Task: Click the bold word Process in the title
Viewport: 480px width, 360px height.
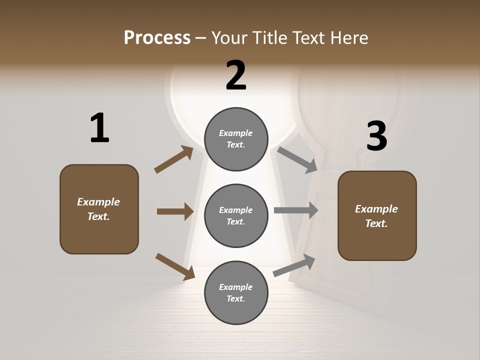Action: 157,37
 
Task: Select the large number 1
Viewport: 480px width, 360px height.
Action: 99,128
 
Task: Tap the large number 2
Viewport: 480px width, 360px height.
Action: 236,75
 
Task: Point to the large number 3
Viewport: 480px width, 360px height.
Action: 376,136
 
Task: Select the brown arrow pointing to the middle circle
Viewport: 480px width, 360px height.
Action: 175,211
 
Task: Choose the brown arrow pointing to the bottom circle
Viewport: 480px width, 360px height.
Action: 175,266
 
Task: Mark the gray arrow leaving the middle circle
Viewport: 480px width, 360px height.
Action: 296,210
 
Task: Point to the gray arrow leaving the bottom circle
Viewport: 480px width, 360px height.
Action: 294,265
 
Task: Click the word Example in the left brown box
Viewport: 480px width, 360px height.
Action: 98,202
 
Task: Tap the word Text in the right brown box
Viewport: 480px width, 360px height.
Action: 376,223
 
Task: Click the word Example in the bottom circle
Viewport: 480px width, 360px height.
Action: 236,287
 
